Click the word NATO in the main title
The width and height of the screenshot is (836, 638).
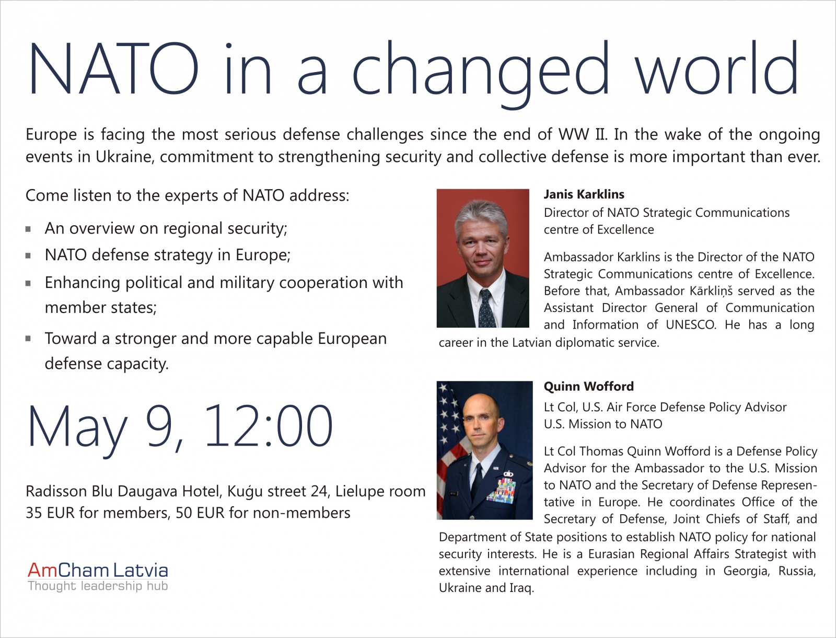[113, 68]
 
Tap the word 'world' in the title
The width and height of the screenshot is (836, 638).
[716, 67]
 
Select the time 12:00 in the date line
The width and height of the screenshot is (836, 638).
[269, 425]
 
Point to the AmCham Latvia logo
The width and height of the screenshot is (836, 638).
[98, 576]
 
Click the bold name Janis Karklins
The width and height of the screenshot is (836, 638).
[584, 194]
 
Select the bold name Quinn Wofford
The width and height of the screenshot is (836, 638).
[588, 386]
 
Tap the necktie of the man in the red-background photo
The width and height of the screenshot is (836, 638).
[487, 308]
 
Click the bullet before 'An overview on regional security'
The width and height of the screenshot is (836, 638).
[28, 229]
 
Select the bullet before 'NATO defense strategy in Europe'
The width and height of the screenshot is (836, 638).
[28, 256]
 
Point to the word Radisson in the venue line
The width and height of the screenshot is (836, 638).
[56, 491]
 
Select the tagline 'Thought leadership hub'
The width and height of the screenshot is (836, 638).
[98, 586]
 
